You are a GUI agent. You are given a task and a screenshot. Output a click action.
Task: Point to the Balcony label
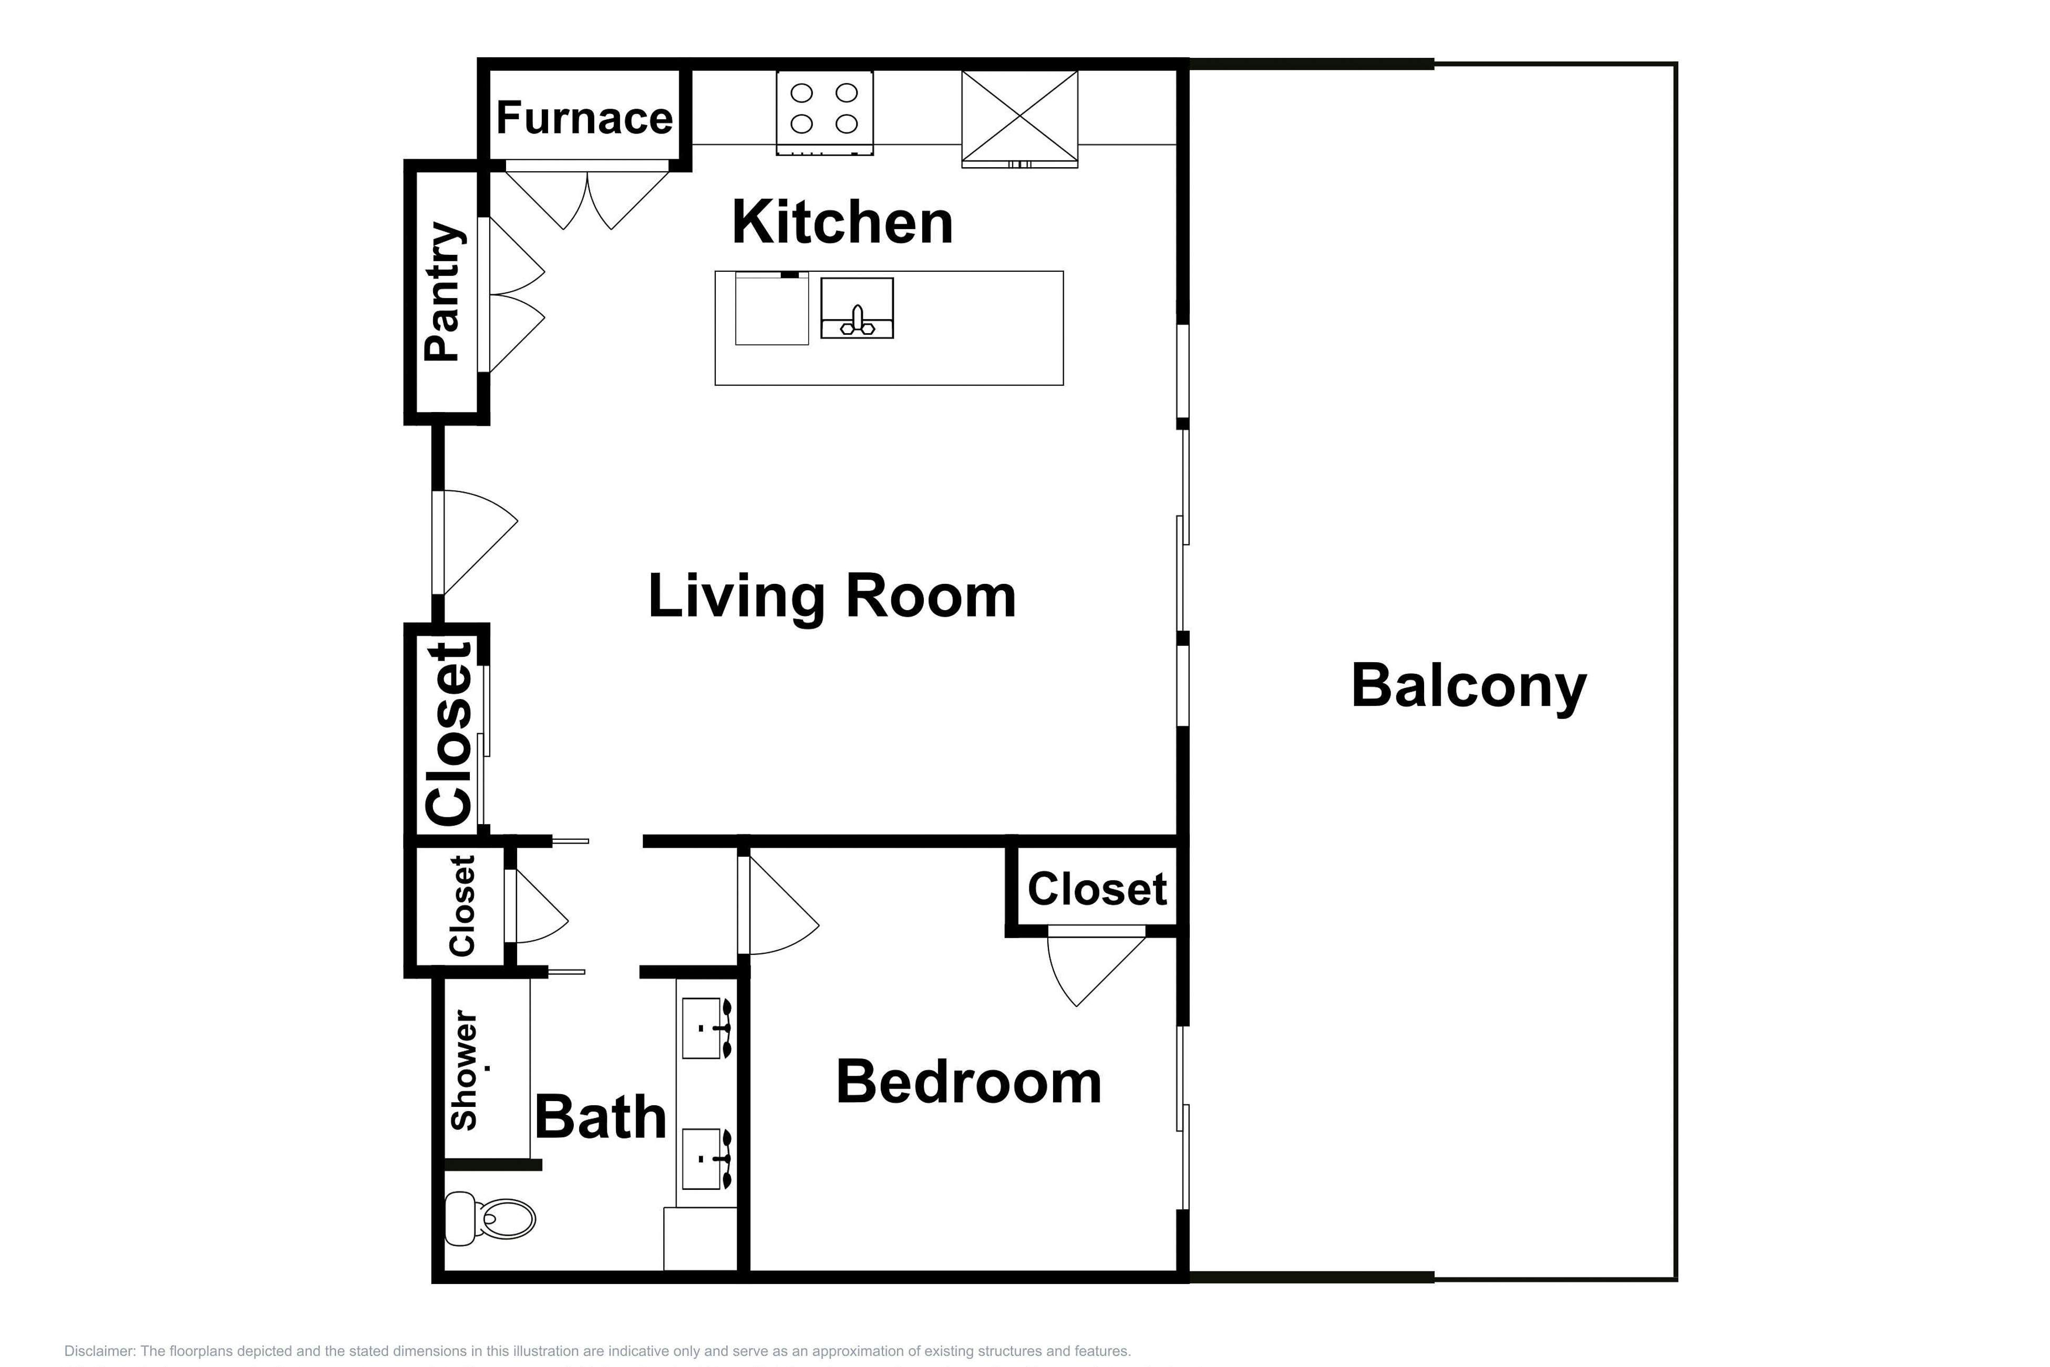coord(1469,686)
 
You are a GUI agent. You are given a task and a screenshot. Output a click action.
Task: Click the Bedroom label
coord(969,1082)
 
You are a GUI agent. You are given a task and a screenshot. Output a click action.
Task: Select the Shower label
coord(465,1071)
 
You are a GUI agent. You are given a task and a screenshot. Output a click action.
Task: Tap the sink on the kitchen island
coord(857,309)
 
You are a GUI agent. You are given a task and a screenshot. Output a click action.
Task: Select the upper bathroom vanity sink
coord(703,1028)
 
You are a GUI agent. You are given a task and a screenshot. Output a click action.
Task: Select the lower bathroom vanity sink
coord(703,1159)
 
